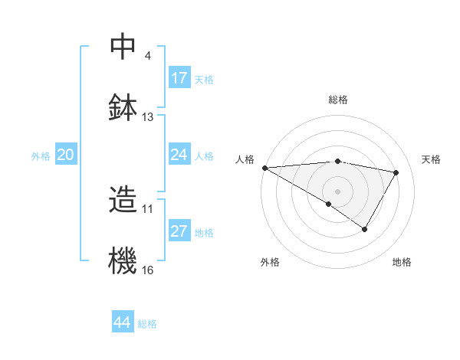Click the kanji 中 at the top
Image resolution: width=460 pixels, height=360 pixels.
point(123,47)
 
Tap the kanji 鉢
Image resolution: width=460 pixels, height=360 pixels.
point(123,106)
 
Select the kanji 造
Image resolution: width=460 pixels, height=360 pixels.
point(123,201)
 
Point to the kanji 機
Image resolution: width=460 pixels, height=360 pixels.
point(123,260)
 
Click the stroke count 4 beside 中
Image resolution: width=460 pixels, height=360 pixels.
point(147,56)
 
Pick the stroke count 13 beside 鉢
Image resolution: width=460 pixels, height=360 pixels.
point(148,117)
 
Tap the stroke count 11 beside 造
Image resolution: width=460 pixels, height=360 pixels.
point(148,208)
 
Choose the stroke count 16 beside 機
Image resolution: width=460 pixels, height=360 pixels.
point(148,270)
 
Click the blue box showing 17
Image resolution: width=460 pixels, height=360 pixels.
point(179,78)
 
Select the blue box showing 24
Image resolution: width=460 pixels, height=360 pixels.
point(179,155)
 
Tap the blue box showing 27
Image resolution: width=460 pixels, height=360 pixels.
point(179,231)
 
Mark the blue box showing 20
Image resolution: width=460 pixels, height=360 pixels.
point(66,155)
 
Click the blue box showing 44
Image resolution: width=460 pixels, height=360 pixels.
point(123,322)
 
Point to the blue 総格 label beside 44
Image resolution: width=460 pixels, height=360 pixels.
point(147,324)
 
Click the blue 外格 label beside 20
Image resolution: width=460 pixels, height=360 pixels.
point(41,156)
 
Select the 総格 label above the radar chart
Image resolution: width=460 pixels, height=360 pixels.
point(337,100)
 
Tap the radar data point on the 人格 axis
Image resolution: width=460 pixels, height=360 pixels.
point(264,168)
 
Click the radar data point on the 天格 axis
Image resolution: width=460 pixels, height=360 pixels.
point(396,173)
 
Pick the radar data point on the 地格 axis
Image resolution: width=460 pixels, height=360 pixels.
point(365,228)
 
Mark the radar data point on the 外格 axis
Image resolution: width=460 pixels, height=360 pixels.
point(329,204)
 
